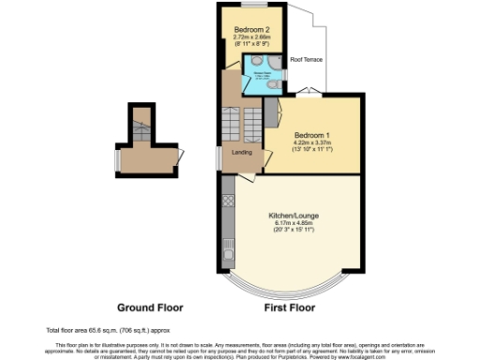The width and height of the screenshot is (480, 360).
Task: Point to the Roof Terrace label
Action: pyautogui.click(x=306, y=59)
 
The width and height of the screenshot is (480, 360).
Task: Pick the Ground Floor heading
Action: pyautogui.click(x=150, y=307)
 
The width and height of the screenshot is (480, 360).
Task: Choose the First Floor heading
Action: pyautogui.click(x=294, y=307)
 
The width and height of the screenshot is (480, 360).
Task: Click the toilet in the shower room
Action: pyautogui.click(x=272, y=84)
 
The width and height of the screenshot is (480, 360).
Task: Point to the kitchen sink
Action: pyautogui.click(x=228, y=247)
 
